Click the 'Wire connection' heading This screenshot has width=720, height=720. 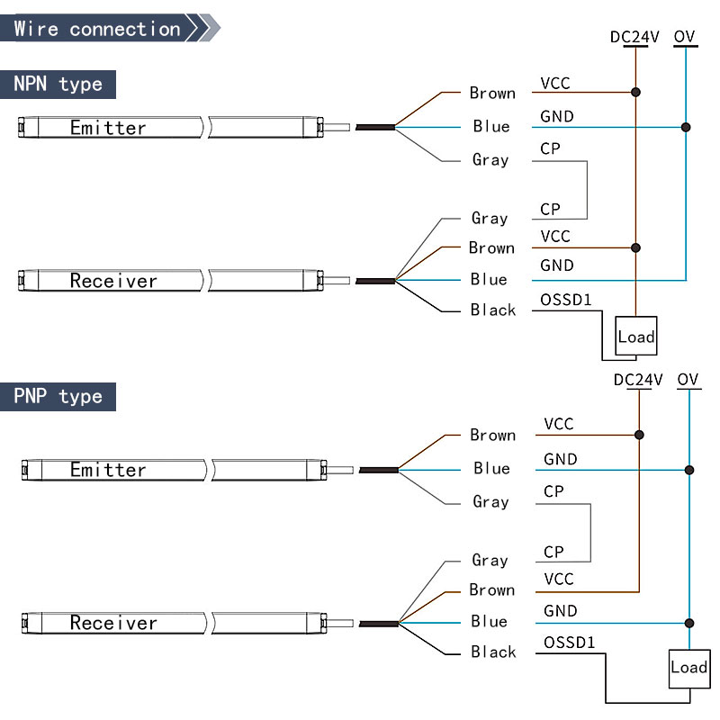point(97,29)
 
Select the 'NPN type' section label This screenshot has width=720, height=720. point(58,85)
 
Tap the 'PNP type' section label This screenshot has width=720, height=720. point(58,397)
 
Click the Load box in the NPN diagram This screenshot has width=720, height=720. point(636,337)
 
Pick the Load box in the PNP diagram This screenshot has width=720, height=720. point(688,667)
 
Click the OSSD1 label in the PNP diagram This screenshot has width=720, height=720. point(570,643)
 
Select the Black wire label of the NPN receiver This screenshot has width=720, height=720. point(493,310)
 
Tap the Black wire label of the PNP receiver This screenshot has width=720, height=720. point(493,652)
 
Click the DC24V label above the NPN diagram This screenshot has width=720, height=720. point(634,37)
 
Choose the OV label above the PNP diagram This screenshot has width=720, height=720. point(688,380)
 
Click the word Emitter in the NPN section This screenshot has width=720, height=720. point(108,128)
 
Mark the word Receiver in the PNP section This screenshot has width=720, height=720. point(113,623)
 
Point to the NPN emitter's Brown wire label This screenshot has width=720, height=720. point(492,93)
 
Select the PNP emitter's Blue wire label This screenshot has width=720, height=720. point(491,468)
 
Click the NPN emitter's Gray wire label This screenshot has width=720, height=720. point(490,159)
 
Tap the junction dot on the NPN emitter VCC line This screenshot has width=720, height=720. point(636,93)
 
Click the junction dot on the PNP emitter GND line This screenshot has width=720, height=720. point(689,470)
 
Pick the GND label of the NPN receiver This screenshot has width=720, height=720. point(557,265)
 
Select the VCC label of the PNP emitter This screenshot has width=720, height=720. point(559,424)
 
